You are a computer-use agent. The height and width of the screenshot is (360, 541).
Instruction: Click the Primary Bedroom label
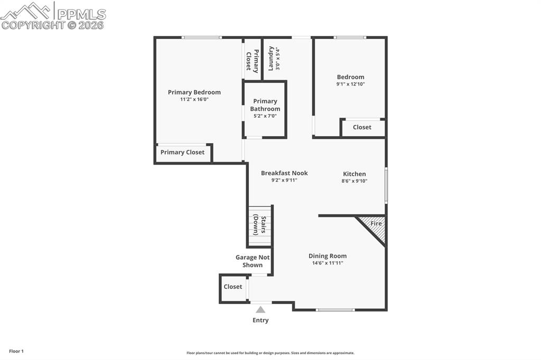point(194,92)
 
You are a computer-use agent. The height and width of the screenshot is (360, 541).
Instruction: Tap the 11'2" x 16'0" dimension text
point(194,99)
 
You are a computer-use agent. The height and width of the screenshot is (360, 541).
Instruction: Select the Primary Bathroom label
point(265,105)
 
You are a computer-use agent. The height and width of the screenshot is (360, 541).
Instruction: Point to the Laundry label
point(270,59)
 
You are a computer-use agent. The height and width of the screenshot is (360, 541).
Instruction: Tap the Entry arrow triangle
point(260,310)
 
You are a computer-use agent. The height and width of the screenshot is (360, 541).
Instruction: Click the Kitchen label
point(354,174)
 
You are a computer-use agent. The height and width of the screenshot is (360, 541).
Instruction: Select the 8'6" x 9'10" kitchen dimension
point(354,181)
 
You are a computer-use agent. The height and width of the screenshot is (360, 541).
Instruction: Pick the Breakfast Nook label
point(284,173)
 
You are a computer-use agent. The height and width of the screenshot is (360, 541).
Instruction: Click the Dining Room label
point(328,256)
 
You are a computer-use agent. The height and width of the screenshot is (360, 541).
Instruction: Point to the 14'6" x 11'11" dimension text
point(328,263)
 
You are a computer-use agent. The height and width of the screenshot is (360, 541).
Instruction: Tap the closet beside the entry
point(233,287)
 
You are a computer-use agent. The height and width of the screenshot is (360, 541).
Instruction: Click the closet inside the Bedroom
point(362,127)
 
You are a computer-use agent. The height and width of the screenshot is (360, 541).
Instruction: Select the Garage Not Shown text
point(253,261)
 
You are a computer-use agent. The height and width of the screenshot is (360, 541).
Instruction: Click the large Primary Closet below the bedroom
point(182,153)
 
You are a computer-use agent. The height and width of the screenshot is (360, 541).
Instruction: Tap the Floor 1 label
point(16,351)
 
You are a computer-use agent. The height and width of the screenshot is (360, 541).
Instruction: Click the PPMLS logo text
point(81,14)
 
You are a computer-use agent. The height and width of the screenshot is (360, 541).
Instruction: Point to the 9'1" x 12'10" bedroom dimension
point(350,84)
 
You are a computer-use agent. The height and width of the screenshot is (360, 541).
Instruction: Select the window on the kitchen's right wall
point(386,185)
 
